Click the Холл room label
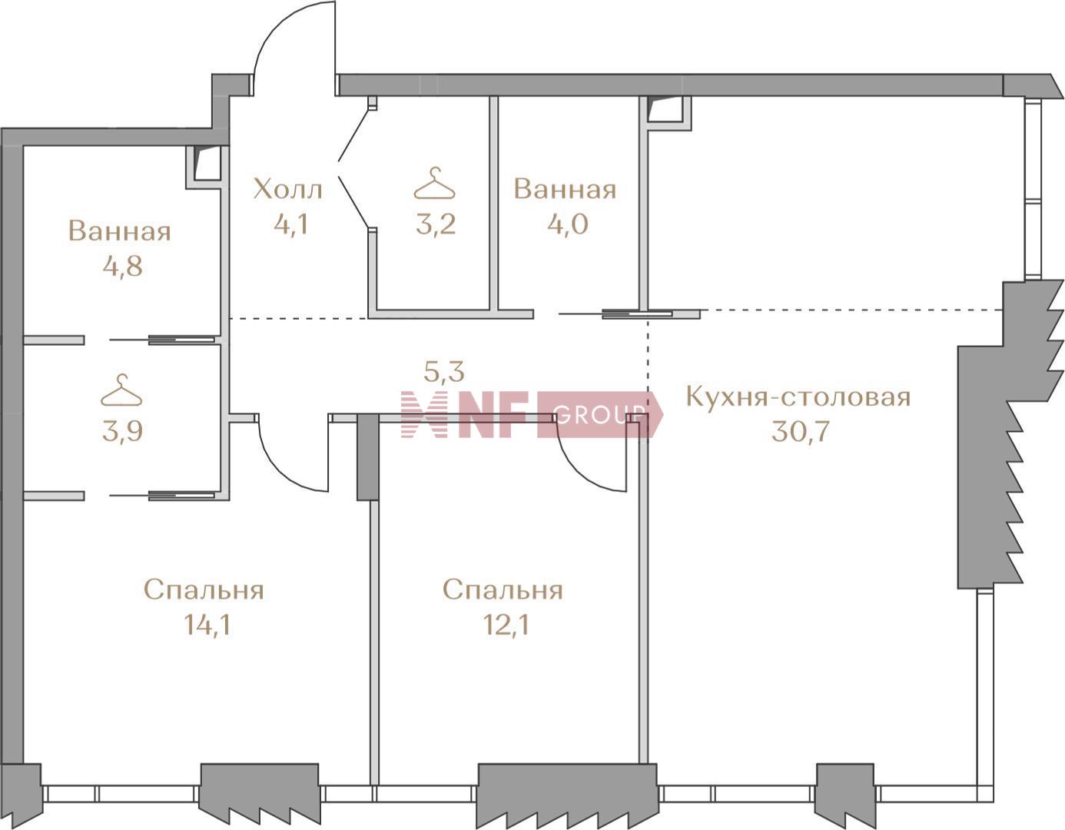click(x=288, y=189)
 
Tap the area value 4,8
click(x=122, y=267)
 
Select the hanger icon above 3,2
click(x=435, y=183)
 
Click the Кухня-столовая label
click(x=798, y=397)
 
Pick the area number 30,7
click(x=801, y=431)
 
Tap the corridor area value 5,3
click(x=444, y=372)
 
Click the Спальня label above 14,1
click(x=204, y=591)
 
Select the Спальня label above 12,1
click(x=503, y=591)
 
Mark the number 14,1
click(x=207, y=625)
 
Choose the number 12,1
click(x=506, y=625)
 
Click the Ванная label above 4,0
click(x=565, y=190)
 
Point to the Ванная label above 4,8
click(x=120, y=231)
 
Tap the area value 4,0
click(x=568, y=224)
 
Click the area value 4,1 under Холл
click(x=291, y=225)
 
